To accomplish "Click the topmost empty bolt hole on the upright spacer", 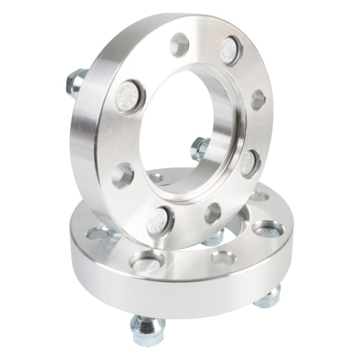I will click(x=179, y=44).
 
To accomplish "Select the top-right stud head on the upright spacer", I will click(x=230, y=50).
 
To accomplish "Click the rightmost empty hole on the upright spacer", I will click(x=258, y=100).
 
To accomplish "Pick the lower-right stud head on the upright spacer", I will click(x=249, y=162).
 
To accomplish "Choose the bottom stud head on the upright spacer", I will click(x=160, y=221).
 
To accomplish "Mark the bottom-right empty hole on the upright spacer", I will click(x=212, y=213).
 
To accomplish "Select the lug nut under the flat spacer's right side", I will click(x=269, y=296).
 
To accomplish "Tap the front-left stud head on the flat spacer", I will click(x=146, y=262).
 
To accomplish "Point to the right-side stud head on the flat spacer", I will click(x=267, y=230).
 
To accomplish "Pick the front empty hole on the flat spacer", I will click(x=223, y=259).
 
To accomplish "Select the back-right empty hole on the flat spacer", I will click(x=259, y=196).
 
